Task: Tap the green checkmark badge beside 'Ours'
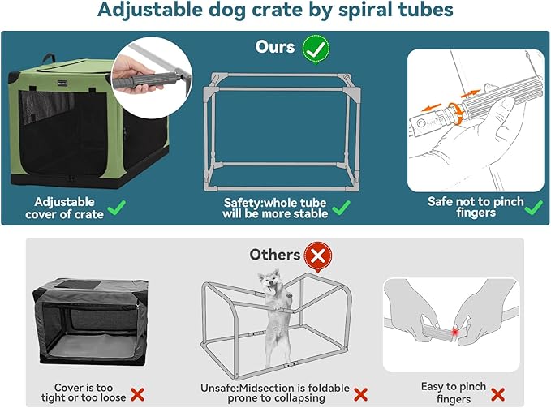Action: pos(316,47)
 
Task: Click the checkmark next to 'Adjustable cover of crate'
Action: pos(116,208)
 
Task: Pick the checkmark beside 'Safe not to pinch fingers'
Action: pos(533,208)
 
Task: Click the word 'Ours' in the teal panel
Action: pos(275,47)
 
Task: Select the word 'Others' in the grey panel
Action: pos(274,255)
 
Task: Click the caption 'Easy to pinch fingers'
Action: pos(453,393)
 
